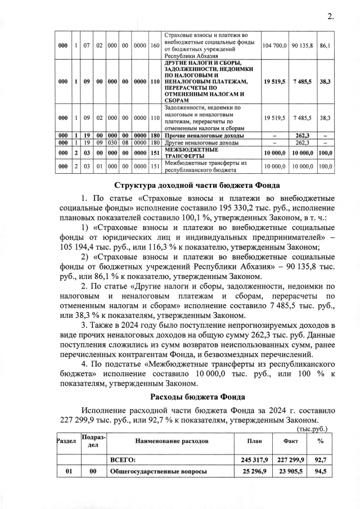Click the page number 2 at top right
(330, 17)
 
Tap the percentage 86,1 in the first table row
(325, 46)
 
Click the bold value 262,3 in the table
(302, 136)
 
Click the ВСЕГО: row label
(124, 460)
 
